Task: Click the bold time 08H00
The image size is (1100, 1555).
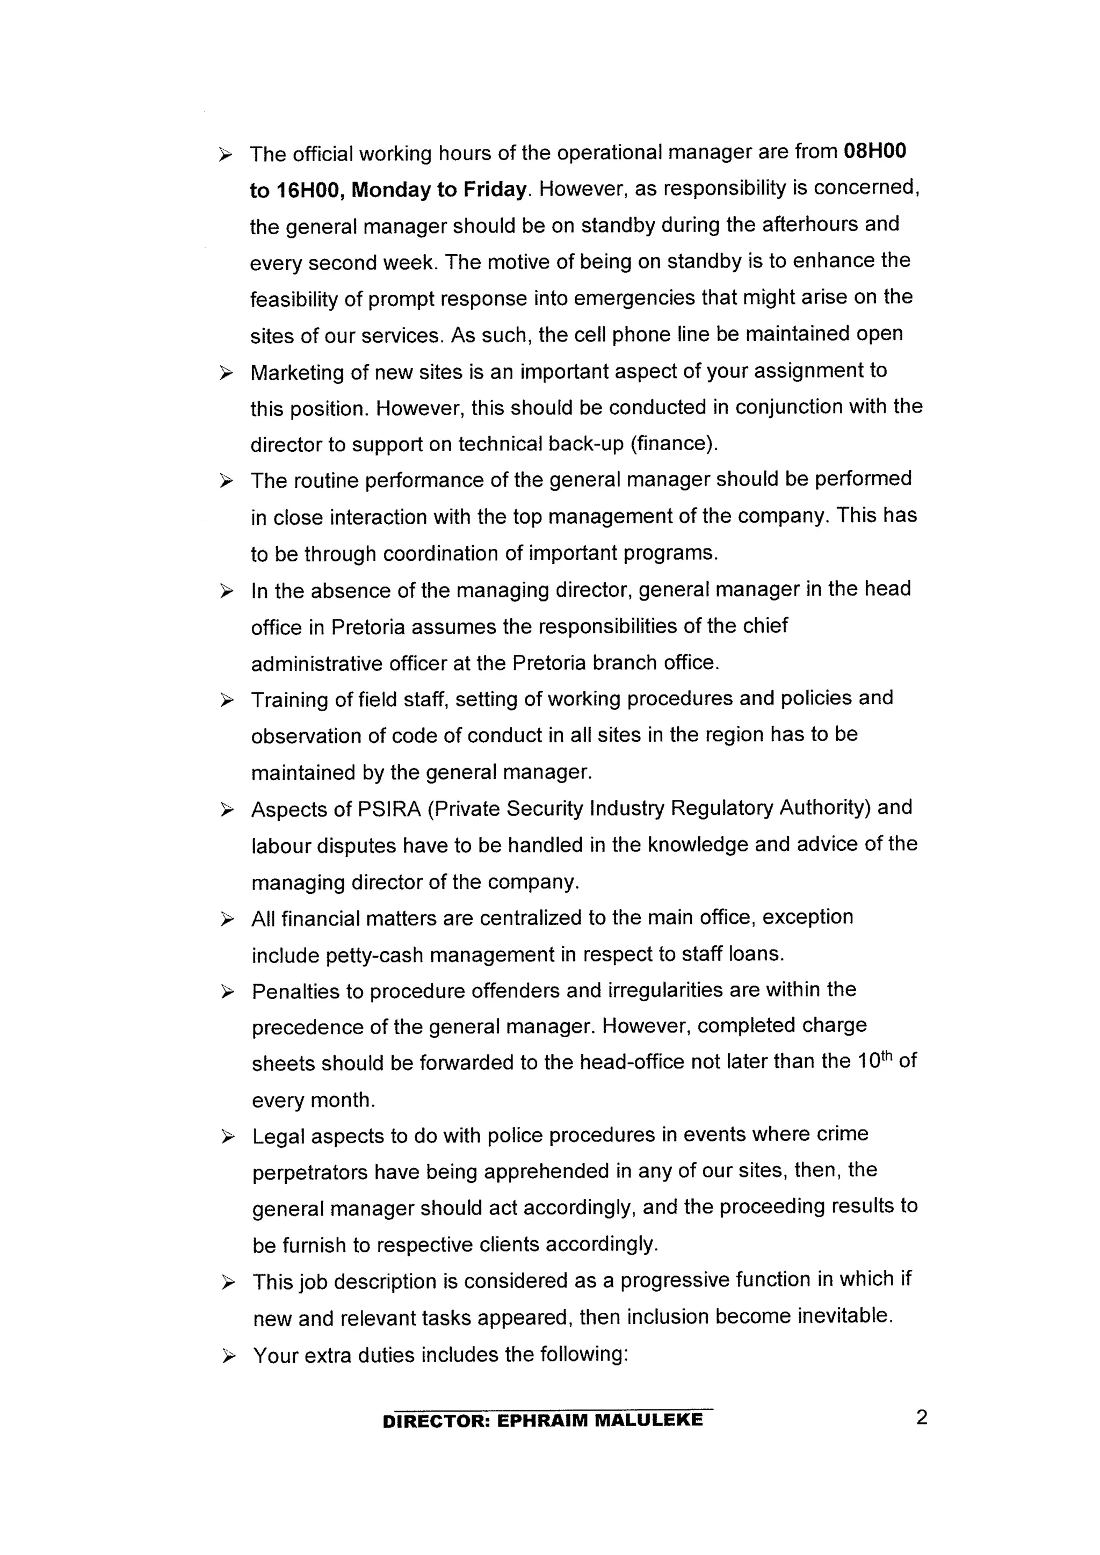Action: coord(874,151)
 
